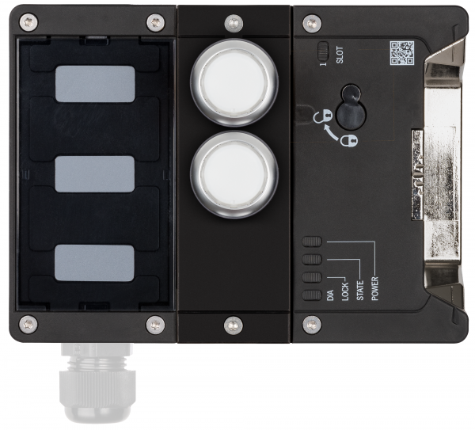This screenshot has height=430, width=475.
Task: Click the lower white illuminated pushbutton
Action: pyautogui.click(x=234, y=173)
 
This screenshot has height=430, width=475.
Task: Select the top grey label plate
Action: pyautogui.click(x=94, y=85)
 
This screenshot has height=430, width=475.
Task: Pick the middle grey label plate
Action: pyautogui.click(x=94, y=173)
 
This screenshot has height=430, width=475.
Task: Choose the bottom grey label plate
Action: pyautogui.click(x=94, y=262)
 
